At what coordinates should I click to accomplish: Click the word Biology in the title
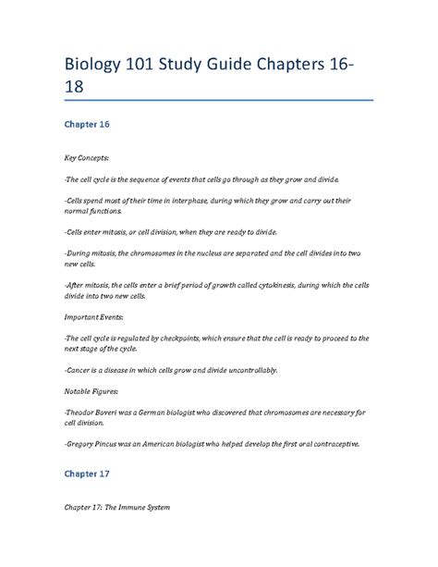pyautogui.click(x=97, y=68)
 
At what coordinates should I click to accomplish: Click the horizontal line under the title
pyautogui.click(x=218, y=100)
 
